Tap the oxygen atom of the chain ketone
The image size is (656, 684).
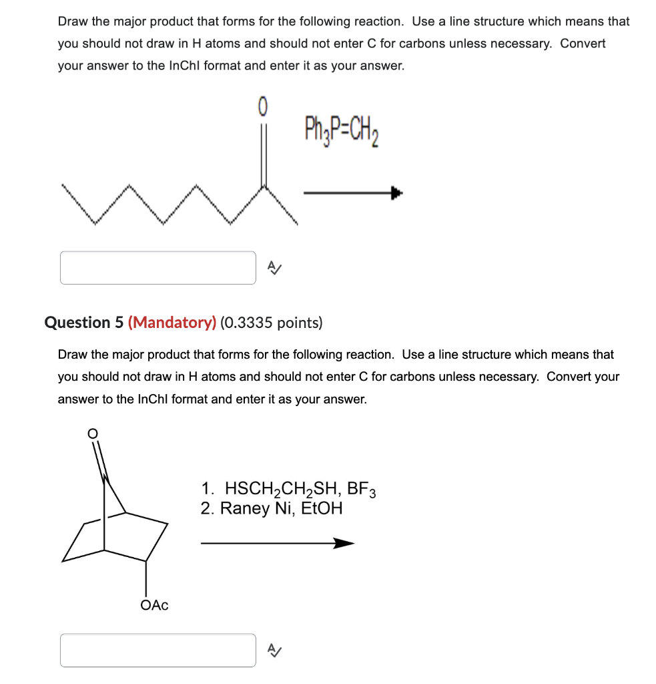click(x=262, y=105)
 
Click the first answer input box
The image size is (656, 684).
click(x=158, y=268)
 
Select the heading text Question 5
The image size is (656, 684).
click(x=84, y=323)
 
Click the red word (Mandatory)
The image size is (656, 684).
click(x=172, y=323)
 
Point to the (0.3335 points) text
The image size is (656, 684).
click(x=271, y=323)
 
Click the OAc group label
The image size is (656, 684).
click(x=154, y=605)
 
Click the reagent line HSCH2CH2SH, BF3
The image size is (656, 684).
click(x=288, y=490)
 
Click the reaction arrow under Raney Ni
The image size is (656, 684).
click(x=277, y=544)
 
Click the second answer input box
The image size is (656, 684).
click(x=158, y=650)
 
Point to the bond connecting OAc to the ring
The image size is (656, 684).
click(x=146, y=578)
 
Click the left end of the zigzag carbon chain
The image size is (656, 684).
click(x=63, y=186)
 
